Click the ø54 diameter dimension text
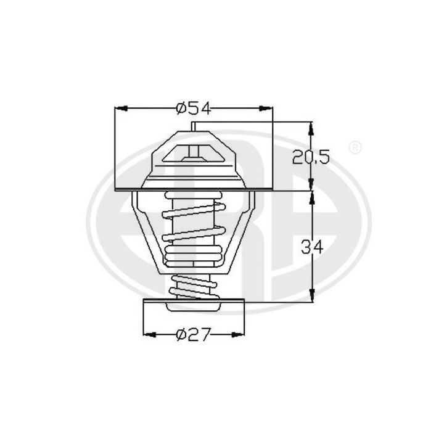click(193, 109)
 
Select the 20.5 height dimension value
click(312, 157)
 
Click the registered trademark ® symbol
click(355, 148)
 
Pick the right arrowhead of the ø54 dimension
click(266, 109)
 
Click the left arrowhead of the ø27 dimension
click(149, 334)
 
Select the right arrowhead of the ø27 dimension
click(238, 334)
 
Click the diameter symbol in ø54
click(181, 109)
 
